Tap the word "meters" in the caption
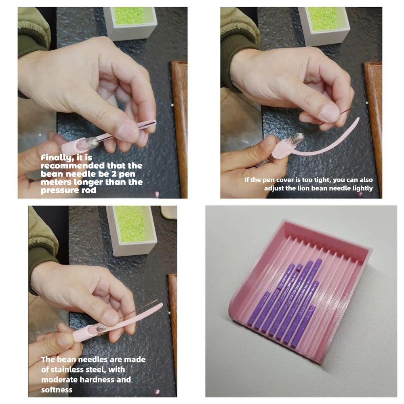[55, 182]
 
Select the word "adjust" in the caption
[275, 188]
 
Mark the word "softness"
[57, 390]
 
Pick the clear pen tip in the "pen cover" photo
[296, 140]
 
